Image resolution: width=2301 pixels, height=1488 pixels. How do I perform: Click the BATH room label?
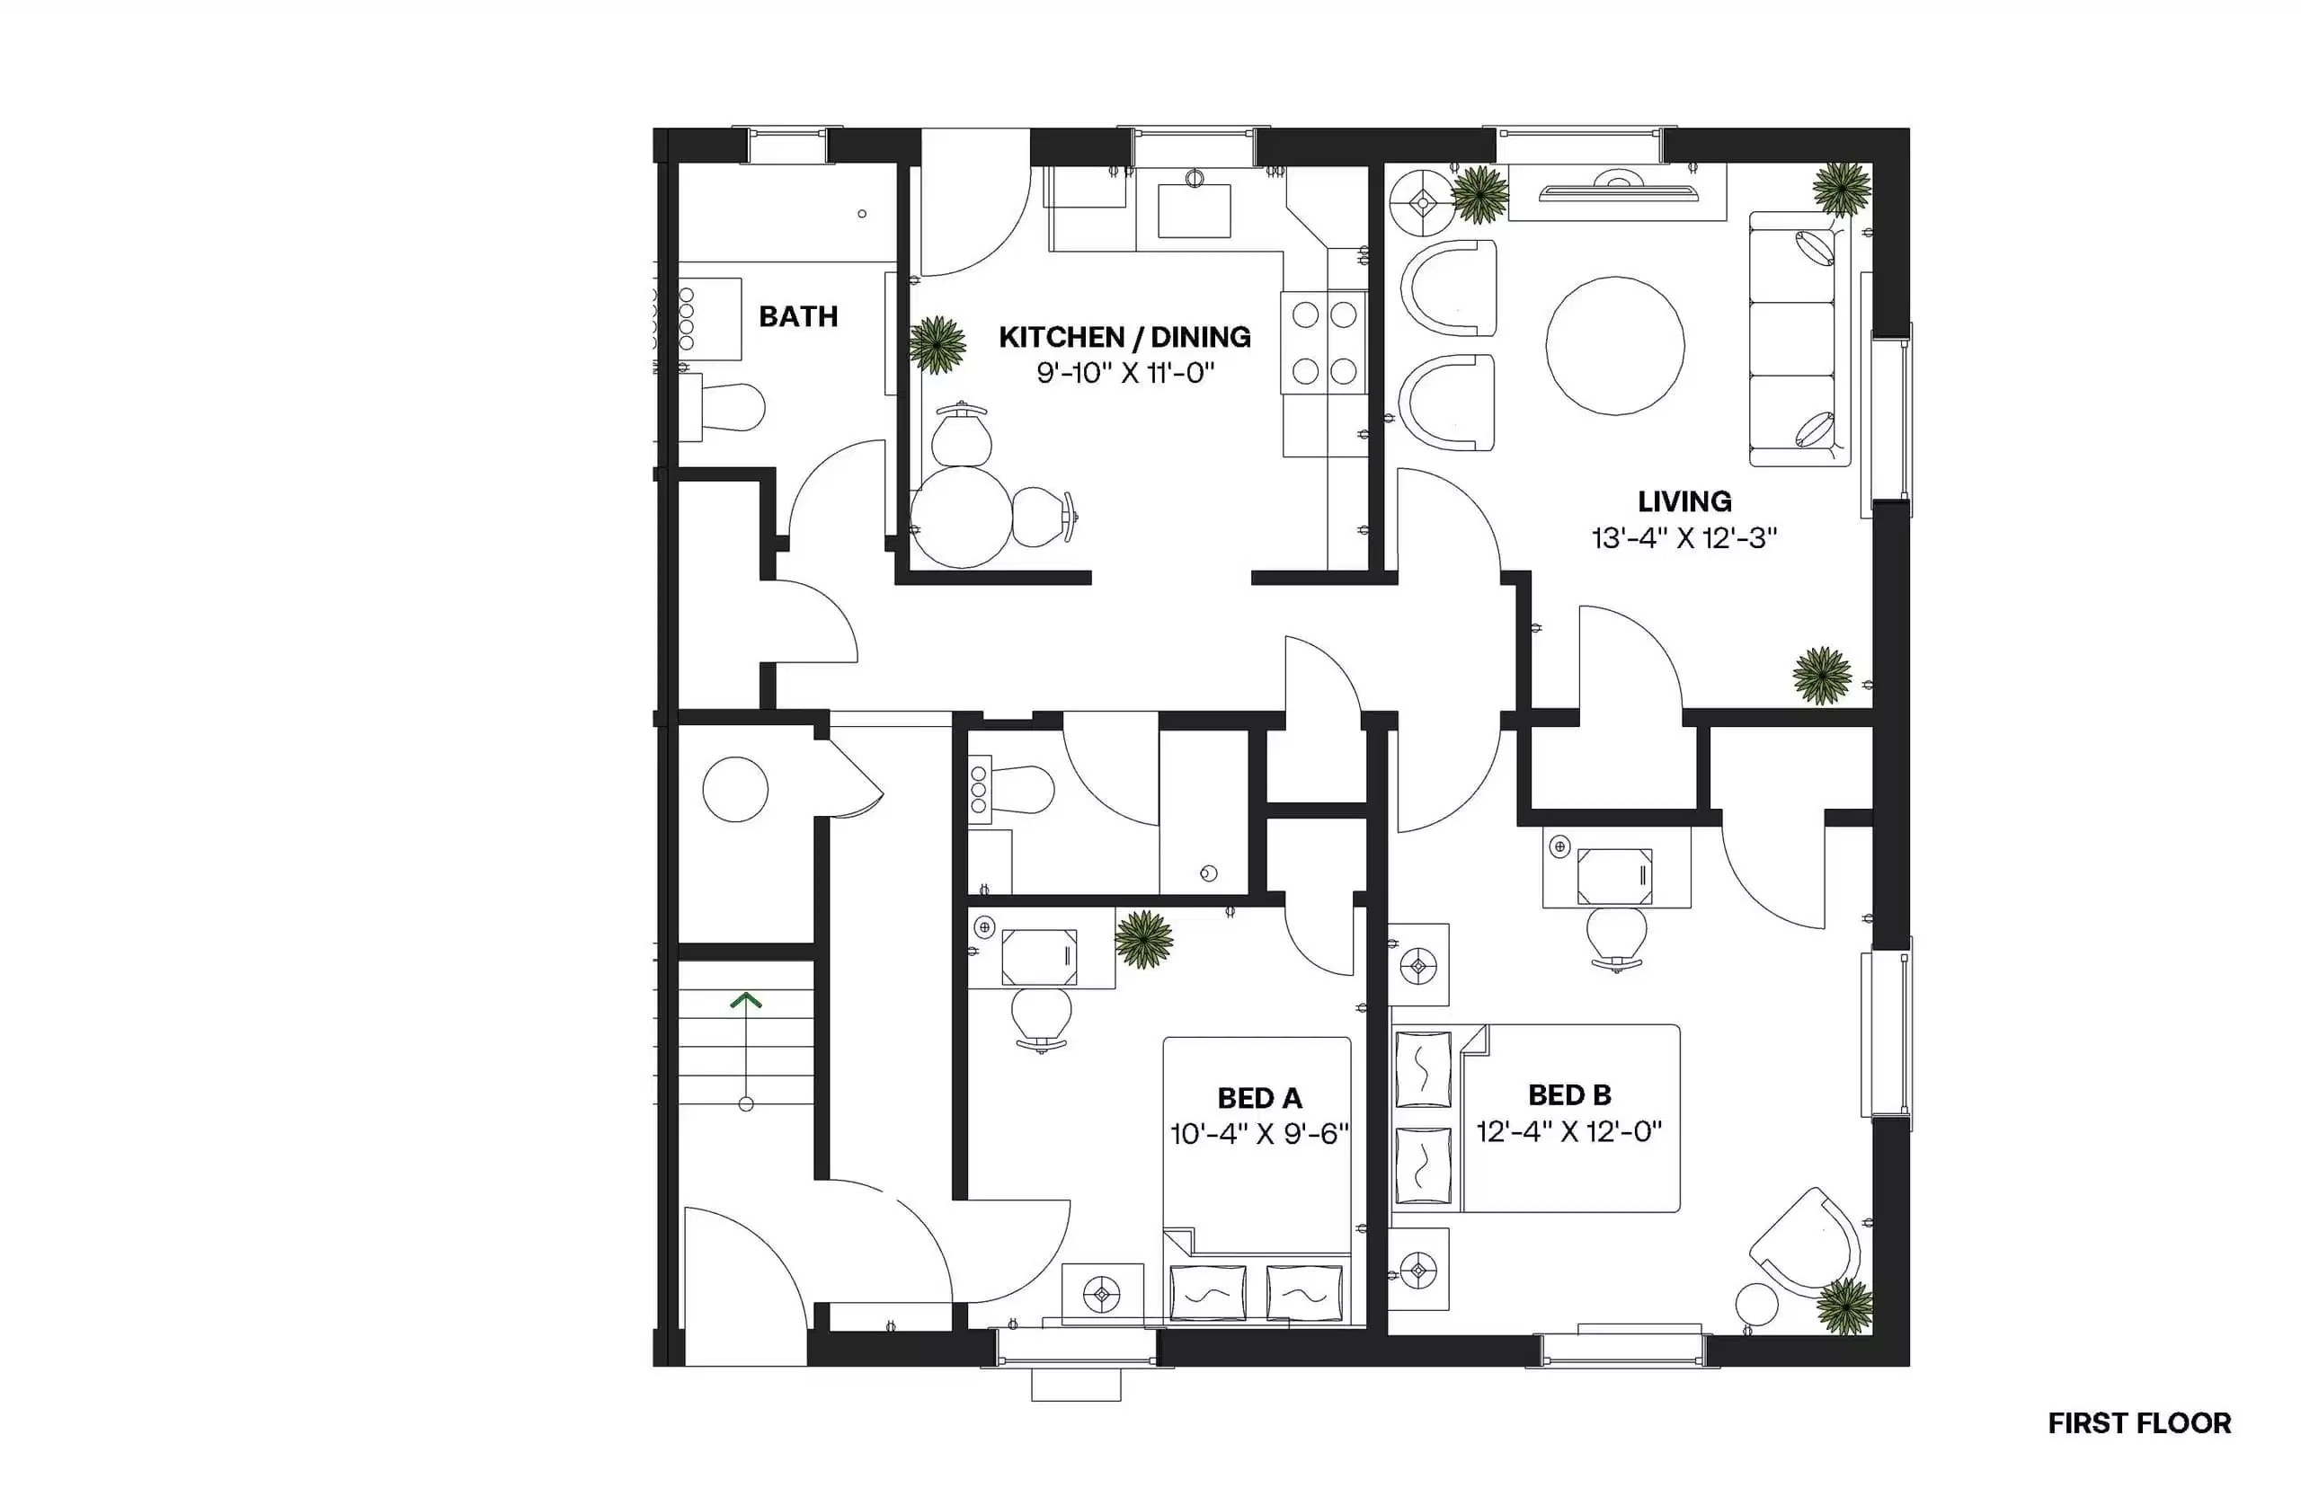pyautogui.click(x=797, y=316)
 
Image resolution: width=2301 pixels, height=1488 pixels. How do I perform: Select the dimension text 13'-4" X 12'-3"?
pyautogui.click(x=1684, y=538)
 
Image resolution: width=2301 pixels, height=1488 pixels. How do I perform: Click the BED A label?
pyautogui.click(x=1258, y=1098)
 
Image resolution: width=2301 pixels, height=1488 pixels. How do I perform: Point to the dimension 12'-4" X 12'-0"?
pyautogui.click(x=1568, y=1130)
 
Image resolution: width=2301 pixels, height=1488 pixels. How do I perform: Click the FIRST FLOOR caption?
pyautogui.click(x=2138, y=1423)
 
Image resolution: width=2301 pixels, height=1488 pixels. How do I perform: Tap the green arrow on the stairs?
pyautogui.click(x=745, y=1001)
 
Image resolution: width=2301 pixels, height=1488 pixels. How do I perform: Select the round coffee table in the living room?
pyautogui.click(x=1614, y=346)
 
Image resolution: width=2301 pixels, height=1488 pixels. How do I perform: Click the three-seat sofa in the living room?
pyautogui.click(x=1792, y=341)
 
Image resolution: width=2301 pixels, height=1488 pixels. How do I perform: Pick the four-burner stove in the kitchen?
pyautogui.click(x=1323, y=343)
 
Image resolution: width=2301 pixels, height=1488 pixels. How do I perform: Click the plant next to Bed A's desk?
pyautogui.click(x=1143, y=938)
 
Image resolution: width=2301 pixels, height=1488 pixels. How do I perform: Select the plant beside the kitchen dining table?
pyautogui.click(x=937, y=343)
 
